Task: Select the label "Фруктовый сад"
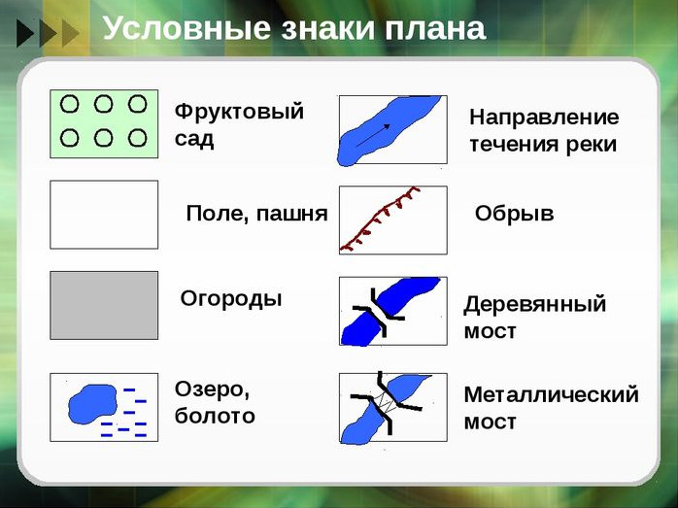pyautogui.click(x=239, y=125)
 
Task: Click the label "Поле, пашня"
pyautogui.click(x=256, y=214)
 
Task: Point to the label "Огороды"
pyautogui.click(x=231, y=299)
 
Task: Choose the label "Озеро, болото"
pyautogui.click(x=215, y=402)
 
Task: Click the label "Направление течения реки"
pyautogui.click(x=544, y=130)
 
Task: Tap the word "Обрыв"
pyautogui.click(x=514, y=213)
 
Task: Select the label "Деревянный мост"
pyautogui.click(x=535, y=317)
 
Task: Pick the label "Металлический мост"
pyautogui.click(x=551, y=408)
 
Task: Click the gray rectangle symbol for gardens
pyautogui.click(x=104, y=305)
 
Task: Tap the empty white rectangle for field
pyautogui.click(x=104, y=215)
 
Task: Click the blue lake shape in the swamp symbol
pyautogui.click(x=92, y=404)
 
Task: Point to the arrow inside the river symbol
pyautogui.click(x=373, y=135)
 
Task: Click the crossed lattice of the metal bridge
pyautogui.click(x=386, y=403)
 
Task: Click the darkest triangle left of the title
pyautogui.click(x=25, y=33)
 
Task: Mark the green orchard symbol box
pyautogui.click(x=104, y=124)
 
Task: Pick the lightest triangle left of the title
pyautogui.click(x=71, y=33)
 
